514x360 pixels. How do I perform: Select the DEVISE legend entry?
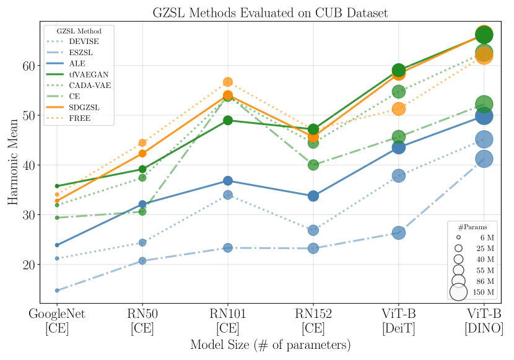click(84, 41)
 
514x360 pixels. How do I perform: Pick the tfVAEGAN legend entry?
click(87, 74)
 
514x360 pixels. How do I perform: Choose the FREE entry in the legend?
click(80, 118)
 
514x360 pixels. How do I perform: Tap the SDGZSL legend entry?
click(84, 107)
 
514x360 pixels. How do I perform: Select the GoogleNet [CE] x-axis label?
click(57, 321)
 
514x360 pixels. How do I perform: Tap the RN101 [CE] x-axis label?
click(228, 321)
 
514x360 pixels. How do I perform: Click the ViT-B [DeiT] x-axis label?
click(399, 321)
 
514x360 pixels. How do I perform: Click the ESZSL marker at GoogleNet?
click(57, 291)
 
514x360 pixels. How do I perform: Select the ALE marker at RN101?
click(228, 181)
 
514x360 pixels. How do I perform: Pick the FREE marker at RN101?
click(228, 82)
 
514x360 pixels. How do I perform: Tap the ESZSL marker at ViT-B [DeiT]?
click(399, 233)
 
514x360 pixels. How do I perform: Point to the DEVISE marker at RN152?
click(313, 230)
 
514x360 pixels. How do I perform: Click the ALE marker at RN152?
click(313, 196)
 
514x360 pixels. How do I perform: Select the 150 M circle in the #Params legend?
click(458, 291)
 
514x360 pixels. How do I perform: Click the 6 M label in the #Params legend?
click(486, 237)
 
